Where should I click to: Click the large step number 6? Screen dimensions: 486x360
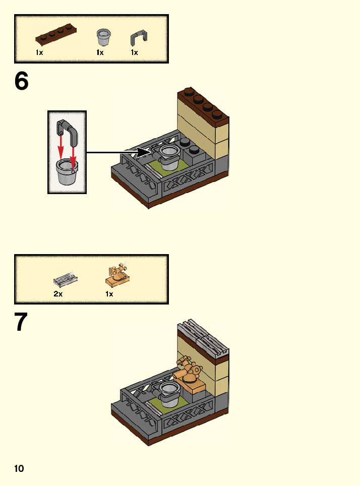tap(22, 81)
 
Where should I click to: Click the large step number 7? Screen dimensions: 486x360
tap(21, 323)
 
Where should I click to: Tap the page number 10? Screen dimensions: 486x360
tap(19, 469)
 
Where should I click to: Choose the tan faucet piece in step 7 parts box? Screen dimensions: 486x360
tap(118, 275)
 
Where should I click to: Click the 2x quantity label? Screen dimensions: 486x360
tap(58, 294)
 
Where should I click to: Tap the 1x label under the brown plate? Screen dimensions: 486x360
tap(39, 52)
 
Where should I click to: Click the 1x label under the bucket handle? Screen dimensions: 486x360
tap(134, 52)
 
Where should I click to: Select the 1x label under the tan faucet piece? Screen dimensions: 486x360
tap(109, 294)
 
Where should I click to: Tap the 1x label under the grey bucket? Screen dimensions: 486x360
tap(100, 52)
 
